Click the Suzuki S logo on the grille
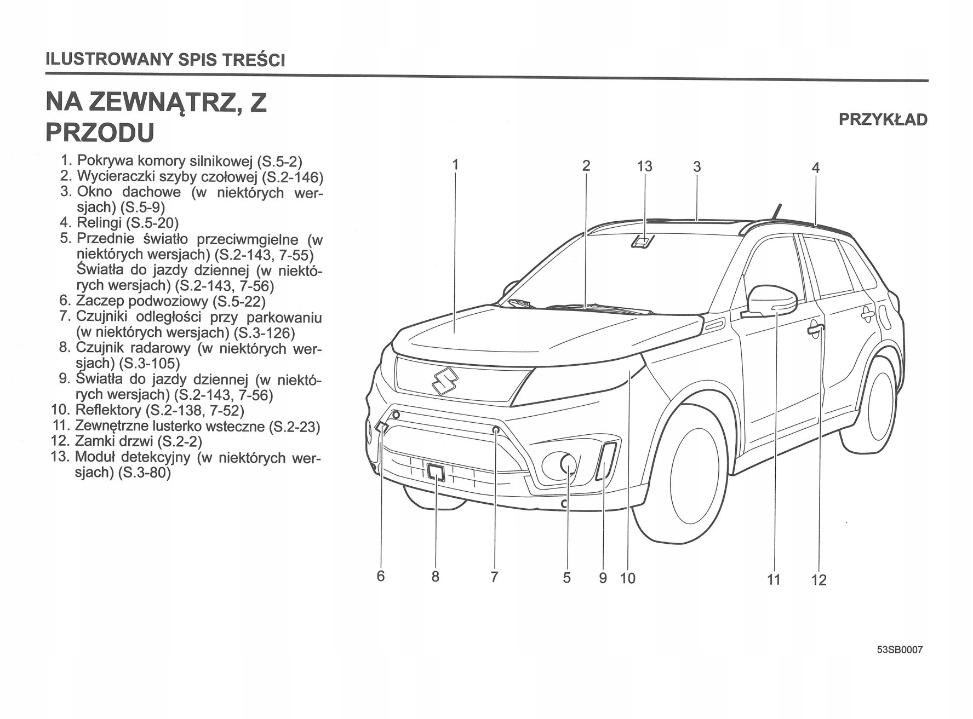[x=444, y=381]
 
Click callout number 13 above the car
[x=645, y=166]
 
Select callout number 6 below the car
[x=381, y=576]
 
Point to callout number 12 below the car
[x=819, y=579]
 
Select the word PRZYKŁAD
[x=883, y=119]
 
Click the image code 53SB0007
[x=900, y=650]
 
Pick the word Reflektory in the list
[x=108, y=410]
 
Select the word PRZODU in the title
[x=100, y=133]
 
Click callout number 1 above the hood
[x=455, y=164]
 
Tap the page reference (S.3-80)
[x=144, y=473]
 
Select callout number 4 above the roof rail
[x=815, y=168]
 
